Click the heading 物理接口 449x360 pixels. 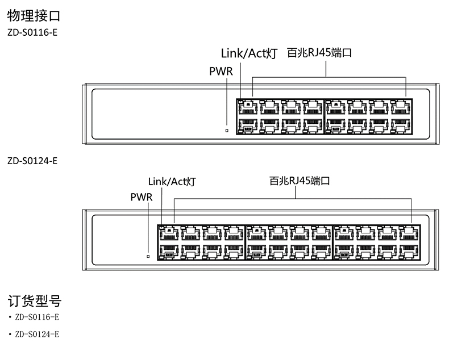pyautogui.click(x=34, y=15)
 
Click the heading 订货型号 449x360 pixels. pyautogui.click(x=34, y=301)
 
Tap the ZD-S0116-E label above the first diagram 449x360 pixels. pyautogui.click(x=32, y=32)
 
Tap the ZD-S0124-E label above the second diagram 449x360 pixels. pyautogui.click(x=32, y=161)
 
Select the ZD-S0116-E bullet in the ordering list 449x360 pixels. pyautogui.click(x=37, y=317)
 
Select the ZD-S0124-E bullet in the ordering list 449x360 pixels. pyautogui.click(x=37, y=333)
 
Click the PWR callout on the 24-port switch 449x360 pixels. pyautogui.click(x=142, y=196)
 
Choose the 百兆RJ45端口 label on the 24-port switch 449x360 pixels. pyautogui.click(x=300, y=182)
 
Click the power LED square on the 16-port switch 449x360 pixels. pyautogui.click(x=227, y=131)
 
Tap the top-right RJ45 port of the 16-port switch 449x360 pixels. pyautogui.click(x=401, y=107)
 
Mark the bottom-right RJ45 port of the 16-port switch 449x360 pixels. pyautogui.click(x=401, y=124)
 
